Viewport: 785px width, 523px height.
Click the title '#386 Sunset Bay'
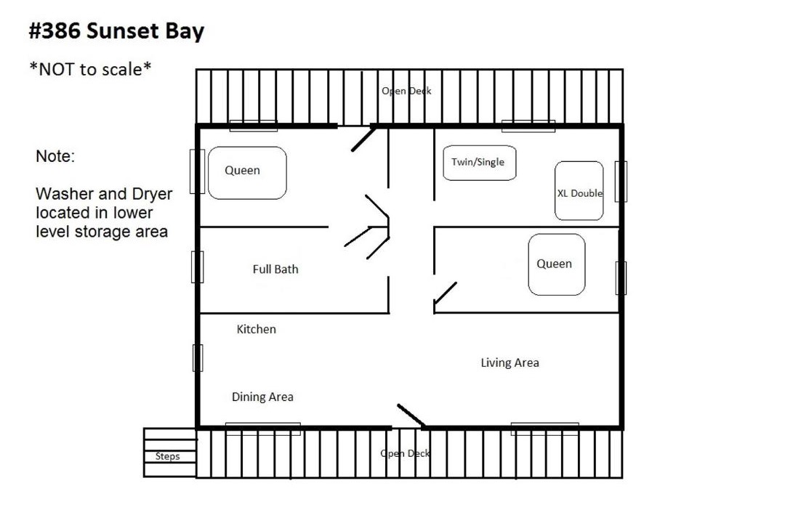[116, 31]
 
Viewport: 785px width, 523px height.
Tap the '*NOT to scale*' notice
[90, 69]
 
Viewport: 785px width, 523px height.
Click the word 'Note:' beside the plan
[55, 156]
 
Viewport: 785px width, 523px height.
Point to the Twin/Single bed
[480, 163]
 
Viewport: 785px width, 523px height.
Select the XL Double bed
[579, 191]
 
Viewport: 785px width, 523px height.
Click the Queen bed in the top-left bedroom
[247, 173]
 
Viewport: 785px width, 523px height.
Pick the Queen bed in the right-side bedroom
[557, 264]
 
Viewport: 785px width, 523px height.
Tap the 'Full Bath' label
[275, 269]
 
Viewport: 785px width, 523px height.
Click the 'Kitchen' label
[257, 329]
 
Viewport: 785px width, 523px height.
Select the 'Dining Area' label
[262, 397]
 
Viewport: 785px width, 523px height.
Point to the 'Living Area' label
[510, 363]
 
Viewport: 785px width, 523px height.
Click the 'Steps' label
[167, 456]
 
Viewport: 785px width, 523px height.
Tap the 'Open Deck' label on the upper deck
[406, 91]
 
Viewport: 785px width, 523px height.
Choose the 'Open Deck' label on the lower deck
[405, 453]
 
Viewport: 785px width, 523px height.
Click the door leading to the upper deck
[364, 139]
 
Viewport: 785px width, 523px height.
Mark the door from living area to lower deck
[411, 415]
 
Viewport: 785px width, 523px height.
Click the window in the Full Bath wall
[198, 267]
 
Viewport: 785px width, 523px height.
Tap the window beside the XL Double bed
[621, 181]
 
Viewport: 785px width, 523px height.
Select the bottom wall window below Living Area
[544, 429]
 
